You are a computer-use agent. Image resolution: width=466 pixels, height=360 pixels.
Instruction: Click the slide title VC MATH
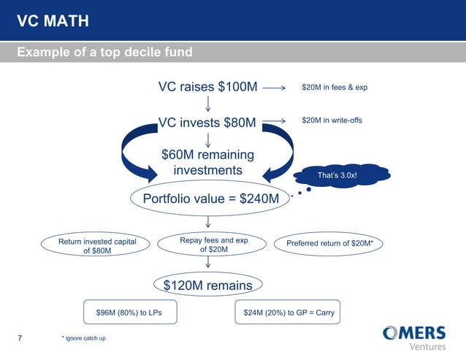[53, 21]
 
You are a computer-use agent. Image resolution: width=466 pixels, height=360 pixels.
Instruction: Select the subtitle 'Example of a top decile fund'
[104, 53]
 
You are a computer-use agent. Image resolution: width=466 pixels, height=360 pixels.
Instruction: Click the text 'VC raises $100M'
[208, 88]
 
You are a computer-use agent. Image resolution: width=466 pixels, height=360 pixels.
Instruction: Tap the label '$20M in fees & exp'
[334, 88]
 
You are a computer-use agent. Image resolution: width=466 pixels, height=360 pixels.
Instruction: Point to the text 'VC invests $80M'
[208, 121]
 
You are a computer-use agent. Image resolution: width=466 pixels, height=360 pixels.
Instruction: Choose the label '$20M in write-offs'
[332, 120]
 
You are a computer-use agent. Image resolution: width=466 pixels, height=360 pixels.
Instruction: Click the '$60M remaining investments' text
[207, 162]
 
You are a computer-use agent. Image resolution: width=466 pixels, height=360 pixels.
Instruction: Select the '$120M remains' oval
[207, 286]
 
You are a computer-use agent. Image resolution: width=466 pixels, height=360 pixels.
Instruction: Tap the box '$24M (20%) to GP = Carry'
[289, 313]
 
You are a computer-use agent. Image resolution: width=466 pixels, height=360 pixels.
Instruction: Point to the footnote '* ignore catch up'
[84, 338]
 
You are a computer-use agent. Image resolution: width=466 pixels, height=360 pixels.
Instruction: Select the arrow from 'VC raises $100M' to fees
[273, 88]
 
